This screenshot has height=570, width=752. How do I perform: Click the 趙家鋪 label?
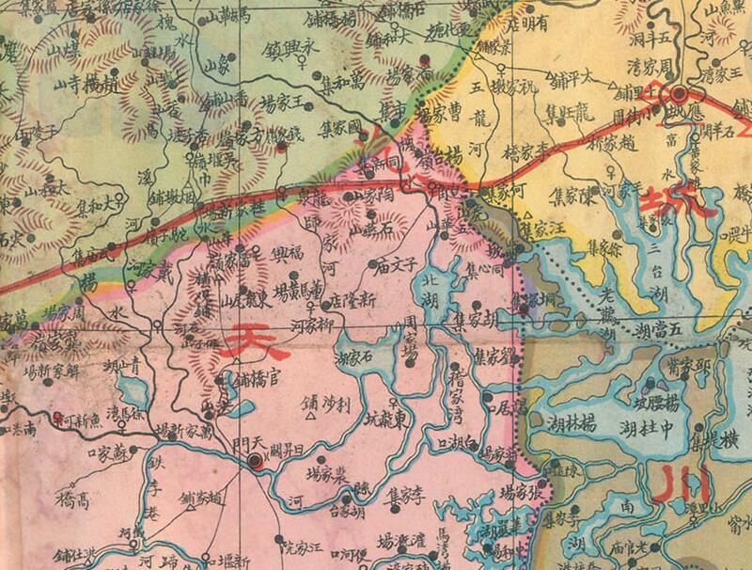click(201, 499)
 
